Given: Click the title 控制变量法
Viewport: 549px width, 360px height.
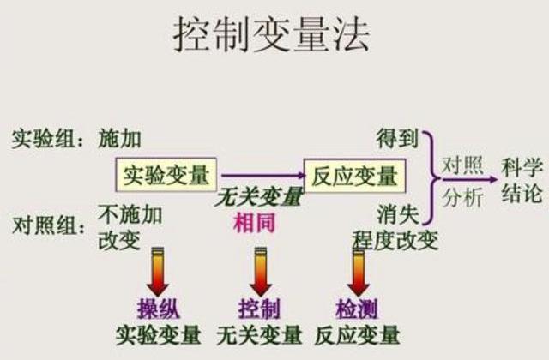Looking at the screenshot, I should [x=273, y=36].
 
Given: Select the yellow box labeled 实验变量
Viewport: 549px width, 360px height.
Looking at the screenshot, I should [x=166, y=176].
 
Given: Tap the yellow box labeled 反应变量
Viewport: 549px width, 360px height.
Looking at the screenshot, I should [x=354, y=176].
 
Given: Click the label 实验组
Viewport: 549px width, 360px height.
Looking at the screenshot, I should [x=44, y=138].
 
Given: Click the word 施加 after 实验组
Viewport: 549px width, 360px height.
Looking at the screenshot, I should [x=119, y=138].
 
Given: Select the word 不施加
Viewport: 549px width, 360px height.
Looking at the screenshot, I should [x=128, y=213].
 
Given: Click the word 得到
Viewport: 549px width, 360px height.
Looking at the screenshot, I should [x=397, y=138].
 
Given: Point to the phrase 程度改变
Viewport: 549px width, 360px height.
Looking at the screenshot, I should [x=395, y=239].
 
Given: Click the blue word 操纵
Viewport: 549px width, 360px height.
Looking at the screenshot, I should [x=159, y=309].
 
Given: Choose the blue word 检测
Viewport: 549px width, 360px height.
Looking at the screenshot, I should [x=358, y=309].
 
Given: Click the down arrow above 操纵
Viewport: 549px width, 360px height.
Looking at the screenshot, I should [x=159, y=273].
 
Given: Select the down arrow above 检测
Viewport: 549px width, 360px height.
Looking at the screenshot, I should [x=358, y=273].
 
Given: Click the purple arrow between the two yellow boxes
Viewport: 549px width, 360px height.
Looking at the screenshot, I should [x=260, y=176].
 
